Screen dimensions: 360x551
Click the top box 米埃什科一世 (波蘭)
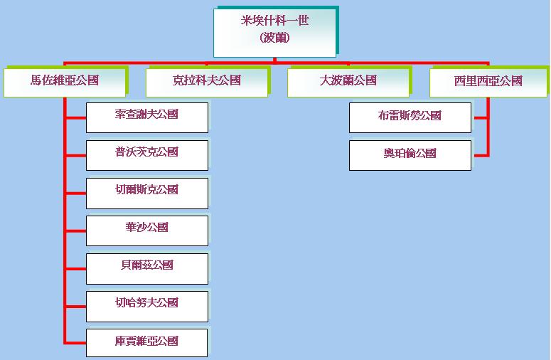pos(274,31)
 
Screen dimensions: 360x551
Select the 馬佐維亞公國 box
pos(65,82)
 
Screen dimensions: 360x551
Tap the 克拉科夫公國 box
pos(207,82)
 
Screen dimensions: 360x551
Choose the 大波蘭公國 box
pos(348,82)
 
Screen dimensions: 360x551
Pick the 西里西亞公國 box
pos(488,82)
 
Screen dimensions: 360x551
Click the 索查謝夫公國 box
pos(147,117)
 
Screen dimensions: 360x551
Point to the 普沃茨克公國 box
pos(147,155)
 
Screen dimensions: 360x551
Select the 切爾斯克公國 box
pos(147,193)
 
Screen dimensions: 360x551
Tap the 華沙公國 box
pos(147,231)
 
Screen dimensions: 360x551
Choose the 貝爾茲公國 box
pos(147,268)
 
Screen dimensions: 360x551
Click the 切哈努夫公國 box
pos(147,306)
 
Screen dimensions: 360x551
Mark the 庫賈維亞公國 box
pos(147,343)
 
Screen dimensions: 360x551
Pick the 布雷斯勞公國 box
pos(410,117)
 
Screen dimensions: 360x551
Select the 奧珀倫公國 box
pos(410,155)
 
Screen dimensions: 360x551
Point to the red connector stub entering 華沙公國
pos(75,231)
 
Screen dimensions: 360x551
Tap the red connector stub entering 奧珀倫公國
pos(480,155)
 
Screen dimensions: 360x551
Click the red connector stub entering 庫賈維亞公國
pos(75,343)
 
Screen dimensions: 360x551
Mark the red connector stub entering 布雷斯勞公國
pos(480,117)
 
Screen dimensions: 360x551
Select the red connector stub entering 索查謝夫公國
pos(75,117)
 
